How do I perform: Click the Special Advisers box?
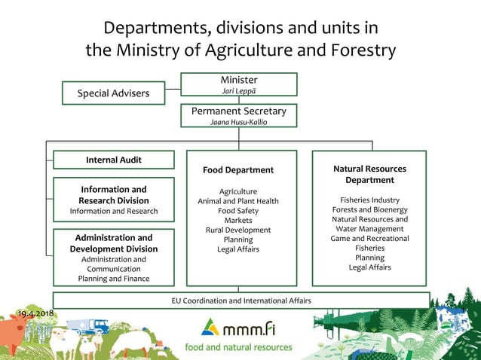114,93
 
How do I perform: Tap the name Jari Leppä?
238,91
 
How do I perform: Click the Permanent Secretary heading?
238,111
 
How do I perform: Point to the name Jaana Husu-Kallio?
238,122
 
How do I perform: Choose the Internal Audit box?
114,160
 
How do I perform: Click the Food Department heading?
238,170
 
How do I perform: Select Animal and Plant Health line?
238,201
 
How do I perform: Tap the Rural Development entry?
238,230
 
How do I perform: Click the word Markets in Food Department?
238,220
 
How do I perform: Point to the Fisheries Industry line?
369,200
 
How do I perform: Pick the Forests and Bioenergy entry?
369,209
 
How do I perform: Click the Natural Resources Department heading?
369,175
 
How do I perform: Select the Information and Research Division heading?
114,195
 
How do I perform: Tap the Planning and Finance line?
114,279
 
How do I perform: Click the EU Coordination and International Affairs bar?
240,301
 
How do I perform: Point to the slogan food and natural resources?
240,347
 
